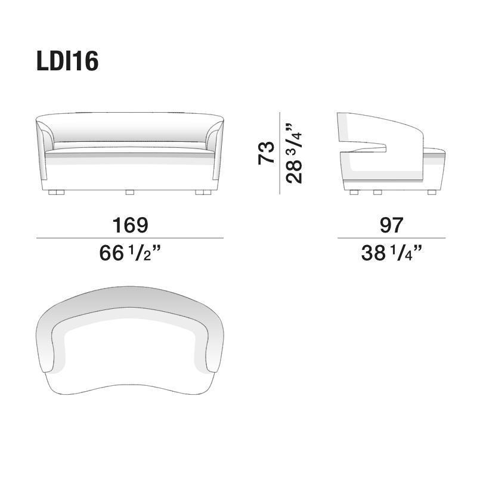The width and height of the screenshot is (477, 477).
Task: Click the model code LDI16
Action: [66, 61]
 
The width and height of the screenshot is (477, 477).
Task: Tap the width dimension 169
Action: [130, 225]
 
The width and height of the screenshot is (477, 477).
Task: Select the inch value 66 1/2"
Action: [130, 255]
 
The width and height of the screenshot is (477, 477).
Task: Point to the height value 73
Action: [266, 153]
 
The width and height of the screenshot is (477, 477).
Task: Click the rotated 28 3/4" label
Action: [293, 153]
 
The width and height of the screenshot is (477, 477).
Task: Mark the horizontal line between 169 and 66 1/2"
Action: [130, 238]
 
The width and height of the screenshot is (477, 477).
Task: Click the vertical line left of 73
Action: [280, 153]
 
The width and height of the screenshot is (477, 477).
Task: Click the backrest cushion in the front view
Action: [130, 129]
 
